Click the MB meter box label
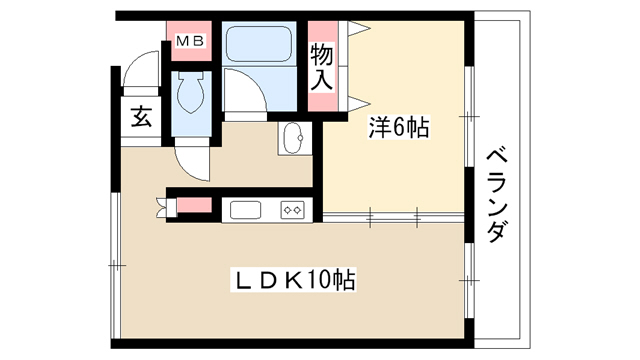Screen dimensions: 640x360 click(190, 41)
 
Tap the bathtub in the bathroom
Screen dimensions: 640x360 click(259, 44)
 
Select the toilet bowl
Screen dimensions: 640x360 click(191, 93)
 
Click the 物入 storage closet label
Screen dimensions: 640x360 click(322, 67)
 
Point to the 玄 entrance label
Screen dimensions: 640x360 click(141, 117)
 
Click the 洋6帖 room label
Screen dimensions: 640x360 click(399, 127)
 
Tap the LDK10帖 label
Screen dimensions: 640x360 click(293, 280)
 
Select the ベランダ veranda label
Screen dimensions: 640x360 click(498, 197)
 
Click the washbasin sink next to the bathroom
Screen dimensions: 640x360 click(294, 138)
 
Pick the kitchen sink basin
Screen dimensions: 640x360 click(246, 210)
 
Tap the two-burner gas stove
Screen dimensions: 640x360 click(293, 210)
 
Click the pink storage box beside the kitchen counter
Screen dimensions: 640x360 click(194, 205)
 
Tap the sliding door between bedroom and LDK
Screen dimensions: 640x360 click(393, 217)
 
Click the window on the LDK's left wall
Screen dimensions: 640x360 click(116, 265)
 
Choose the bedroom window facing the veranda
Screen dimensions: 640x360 click(469, 116)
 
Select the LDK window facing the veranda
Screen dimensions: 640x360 click(469, 281)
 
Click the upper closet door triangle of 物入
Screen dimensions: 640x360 click(358, 29)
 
